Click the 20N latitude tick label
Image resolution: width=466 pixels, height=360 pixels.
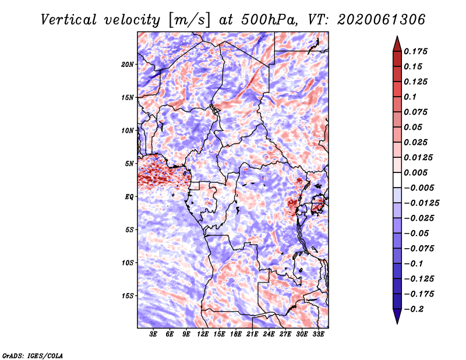coord(128,64)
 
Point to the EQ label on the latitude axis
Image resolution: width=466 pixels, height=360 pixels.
coord(129,197)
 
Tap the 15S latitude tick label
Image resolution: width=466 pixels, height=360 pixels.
coord(128,296)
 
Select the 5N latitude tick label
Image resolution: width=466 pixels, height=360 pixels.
coord(129,164)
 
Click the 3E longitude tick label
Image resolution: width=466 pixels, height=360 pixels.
coord(154,334)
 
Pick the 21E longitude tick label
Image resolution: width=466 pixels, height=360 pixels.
coord(252,334)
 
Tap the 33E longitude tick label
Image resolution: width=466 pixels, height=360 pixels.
coord(318,334)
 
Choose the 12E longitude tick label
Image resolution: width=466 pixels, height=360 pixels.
coord(203,334)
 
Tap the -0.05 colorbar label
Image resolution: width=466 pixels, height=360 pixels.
coord(417,233)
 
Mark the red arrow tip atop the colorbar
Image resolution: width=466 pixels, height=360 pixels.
coord(397,39)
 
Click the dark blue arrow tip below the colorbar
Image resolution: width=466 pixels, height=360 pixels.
coord(397,320)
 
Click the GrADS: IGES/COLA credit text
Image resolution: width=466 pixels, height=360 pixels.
coord(32,355)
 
